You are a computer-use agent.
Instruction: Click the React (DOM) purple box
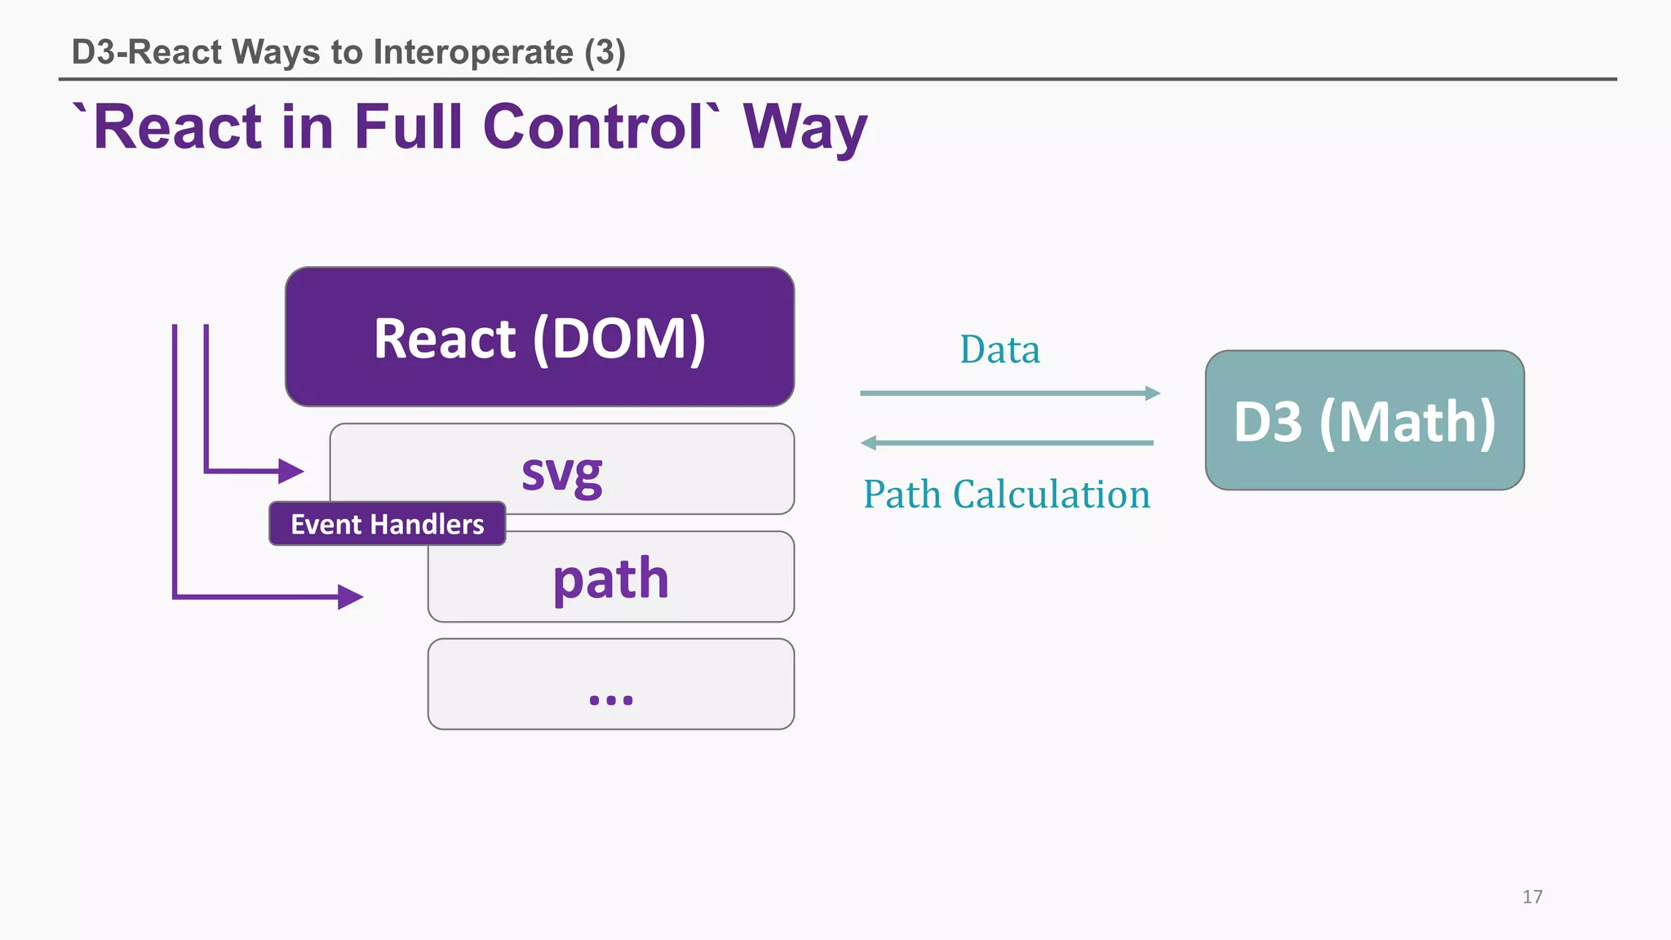539,337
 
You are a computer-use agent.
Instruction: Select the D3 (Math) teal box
1364,420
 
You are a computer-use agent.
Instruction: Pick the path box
610,578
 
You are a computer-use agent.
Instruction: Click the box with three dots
610,684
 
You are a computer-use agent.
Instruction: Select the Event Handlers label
387,524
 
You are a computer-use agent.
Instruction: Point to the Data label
999,349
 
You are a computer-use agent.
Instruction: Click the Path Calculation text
1006,494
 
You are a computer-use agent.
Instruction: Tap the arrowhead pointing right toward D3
1152,393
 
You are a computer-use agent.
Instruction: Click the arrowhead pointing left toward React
869,443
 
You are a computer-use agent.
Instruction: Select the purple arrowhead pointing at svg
290,471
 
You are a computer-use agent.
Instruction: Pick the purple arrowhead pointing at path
350,597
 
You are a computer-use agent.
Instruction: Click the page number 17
1531,897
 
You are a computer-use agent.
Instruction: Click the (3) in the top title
605,52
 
